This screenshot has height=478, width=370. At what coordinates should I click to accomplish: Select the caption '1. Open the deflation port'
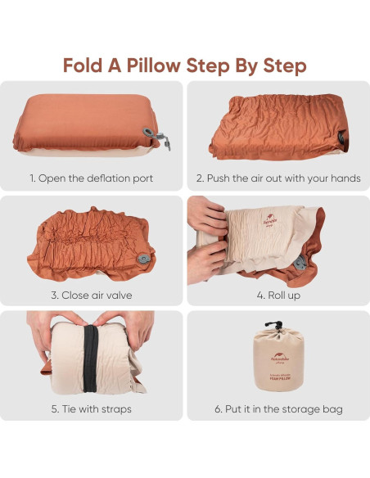pos(92,178)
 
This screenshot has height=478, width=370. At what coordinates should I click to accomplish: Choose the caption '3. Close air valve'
pos(92,294)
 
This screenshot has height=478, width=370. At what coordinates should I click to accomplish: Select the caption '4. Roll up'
pos(277,294)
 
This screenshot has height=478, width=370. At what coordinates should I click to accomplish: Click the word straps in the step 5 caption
pos(115,409)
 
